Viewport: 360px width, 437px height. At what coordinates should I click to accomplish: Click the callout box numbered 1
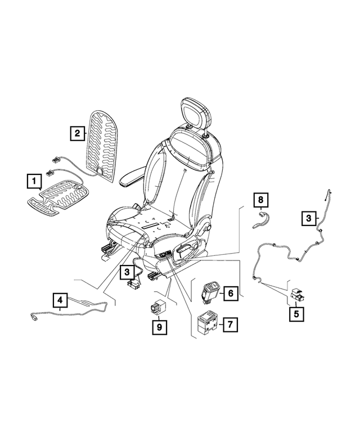[x=34, y=182]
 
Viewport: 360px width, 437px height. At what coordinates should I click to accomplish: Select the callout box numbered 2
[x=77, y=133]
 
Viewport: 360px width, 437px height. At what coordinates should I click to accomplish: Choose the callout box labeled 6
[x=229, y=293]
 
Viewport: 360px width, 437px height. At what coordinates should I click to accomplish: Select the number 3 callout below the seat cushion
[x=128, y=272]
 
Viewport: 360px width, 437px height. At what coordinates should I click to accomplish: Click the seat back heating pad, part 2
[x=105, y=146]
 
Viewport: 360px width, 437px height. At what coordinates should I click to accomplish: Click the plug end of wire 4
[x=33, y=319]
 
